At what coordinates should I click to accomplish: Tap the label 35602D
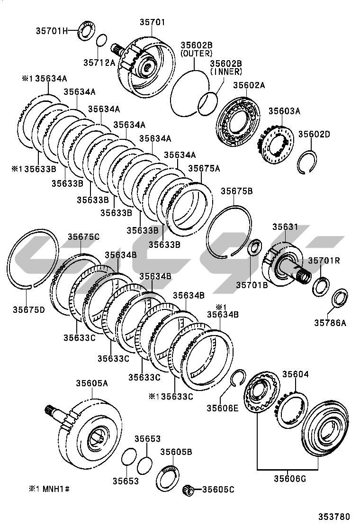tap(315, 135)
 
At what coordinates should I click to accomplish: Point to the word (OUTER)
tap(197, 54)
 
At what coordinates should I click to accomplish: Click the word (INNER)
tap(226, 72)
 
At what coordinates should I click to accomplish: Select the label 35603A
tap(284, 111)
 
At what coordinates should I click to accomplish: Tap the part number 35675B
tap(236, 191)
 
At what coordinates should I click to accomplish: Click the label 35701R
tap(324, 261)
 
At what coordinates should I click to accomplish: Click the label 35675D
tap(28, 309)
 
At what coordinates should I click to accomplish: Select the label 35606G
tap(290, 479)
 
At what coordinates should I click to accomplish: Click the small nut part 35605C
tap(189, 490)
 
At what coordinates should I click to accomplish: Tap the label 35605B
tap(176, 452)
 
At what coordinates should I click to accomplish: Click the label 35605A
tap(92, 383)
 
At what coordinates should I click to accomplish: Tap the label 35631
tap(285, 227)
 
